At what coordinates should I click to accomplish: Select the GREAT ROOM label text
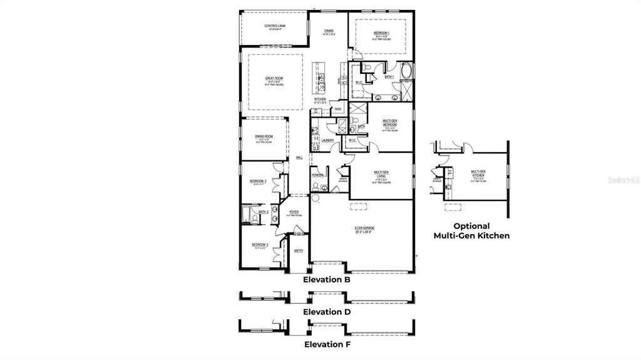274,78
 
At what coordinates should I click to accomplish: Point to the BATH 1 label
389,76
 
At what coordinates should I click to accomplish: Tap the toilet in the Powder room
315,185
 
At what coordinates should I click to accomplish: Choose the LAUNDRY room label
327,140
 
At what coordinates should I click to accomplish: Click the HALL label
299,158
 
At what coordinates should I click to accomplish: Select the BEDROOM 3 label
259,181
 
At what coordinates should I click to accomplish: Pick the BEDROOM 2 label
260,245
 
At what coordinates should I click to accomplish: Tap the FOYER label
294,212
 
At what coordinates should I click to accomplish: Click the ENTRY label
299,251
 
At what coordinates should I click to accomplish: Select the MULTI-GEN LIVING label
382,173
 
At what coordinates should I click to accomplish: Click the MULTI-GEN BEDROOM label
390,122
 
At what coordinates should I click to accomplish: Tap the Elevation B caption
326,280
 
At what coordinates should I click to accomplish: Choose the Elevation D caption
326,311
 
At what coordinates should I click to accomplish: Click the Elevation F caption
326,344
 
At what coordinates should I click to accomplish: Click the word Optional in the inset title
471,226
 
